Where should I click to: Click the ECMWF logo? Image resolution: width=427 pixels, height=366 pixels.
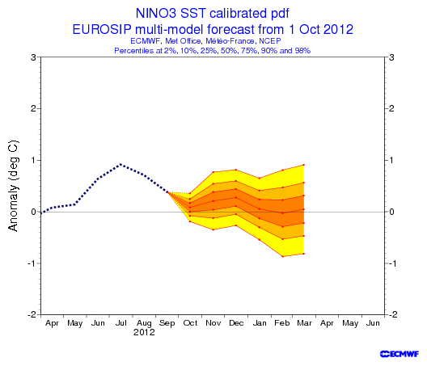pyautogui.click(x=400, y=354)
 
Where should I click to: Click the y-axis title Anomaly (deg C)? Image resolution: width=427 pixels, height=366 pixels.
pyautogui.click(x=13, y=186)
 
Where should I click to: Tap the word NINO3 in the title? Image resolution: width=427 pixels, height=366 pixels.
pyautogui.click(x=156, y=13)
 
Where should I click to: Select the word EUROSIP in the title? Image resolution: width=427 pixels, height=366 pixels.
pyautogui.click(x=102, y=29)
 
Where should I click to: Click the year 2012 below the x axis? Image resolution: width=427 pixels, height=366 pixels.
pyautogui.click(x=144, y=332)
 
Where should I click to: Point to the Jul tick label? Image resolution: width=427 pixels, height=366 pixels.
pyautogui.click(x=121, y=323)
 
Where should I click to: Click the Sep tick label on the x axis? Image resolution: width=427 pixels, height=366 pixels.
pyautogui.click(x=167, y=323)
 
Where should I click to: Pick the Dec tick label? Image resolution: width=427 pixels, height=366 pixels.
pyautogui.click(x=236, y=323)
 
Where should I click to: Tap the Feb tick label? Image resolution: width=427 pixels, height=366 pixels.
pyautogui.click(x=282, y=323)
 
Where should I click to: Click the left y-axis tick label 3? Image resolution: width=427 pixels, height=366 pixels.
pyautogui.click(x=33, y=57)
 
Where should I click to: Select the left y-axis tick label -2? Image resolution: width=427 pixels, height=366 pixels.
pyautogui.click(x=32, y=314)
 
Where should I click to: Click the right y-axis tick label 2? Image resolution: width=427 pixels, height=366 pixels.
pyautogui.click(x=391, y=109)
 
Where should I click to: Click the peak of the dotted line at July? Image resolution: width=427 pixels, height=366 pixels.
pyautogui.click(x=121, y=164)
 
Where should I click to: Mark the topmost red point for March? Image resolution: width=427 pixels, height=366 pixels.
pyautogui.click(x=303, y=165)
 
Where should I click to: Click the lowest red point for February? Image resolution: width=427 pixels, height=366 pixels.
pyautogui.click(x=283, y=257)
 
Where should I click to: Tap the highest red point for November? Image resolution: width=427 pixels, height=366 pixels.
pyautogui.click(x=213, y=172)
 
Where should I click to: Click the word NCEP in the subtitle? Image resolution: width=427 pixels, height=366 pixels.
pyautogui.click(x=270, y=41)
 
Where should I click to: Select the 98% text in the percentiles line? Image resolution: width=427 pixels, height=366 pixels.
pyautogui.click(x=302, y=51)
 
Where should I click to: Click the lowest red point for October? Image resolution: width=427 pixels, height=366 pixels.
pyautogui.click(x=190, y=221)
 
